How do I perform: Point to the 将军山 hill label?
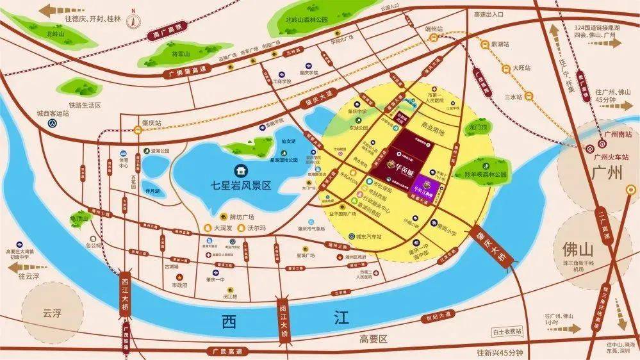coord(165,55)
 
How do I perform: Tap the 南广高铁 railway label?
coord(161,31)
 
